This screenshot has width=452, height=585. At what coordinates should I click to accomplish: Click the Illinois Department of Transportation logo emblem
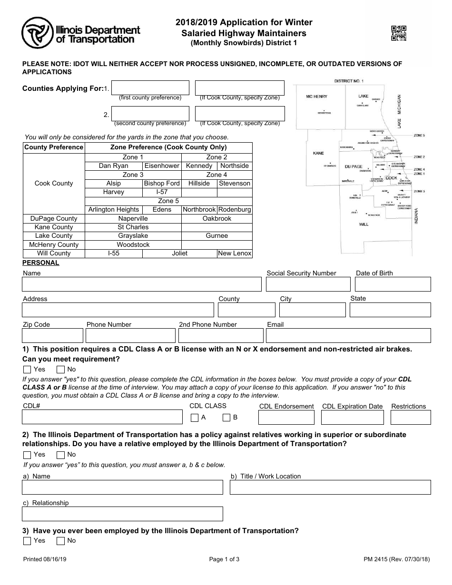[x=37, y=33]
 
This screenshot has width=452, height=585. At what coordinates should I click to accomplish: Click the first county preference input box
[x=150, y=88]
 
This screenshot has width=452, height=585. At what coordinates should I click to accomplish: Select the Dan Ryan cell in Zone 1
[x=113, y=166]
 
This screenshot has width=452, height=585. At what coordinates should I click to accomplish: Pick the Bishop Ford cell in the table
[x=162, y=184]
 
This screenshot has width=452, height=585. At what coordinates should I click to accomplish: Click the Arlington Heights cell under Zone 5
[x=114, y=210]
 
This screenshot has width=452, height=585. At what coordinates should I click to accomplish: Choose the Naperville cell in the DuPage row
[x=133, y=218]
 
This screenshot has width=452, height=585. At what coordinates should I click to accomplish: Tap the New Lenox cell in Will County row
[x=235, y=253]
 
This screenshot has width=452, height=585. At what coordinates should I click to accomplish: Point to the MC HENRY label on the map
[x=316, y=97]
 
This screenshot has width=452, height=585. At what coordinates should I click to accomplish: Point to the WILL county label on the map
[x=364, y=224]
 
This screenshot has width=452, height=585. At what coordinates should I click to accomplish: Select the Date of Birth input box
[x=393, y=284]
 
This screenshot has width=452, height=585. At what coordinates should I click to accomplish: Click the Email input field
[x=348, y=336]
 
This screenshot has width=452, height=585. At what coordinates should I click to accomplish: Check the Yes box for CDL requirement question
[x=27, y=370]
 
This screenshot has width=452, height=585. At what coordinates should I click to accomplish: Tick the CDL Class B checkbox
[x=227, y=418]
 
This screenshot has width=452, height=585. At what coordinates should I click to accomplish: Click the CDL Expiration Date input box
[x=353, y=418]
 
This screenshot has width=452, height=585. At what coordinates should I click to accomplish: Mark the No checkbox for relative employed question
[x=60, y=455]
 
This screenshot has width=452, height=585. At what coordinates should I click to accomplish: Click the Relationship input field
[x=122, y=514]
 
